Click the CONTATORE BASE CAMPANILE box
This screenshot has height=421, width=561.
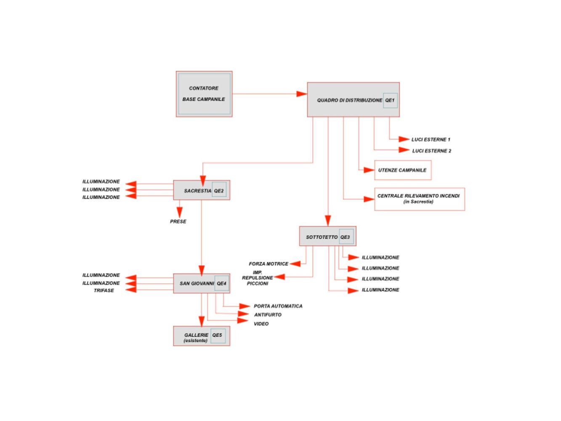[204, 94]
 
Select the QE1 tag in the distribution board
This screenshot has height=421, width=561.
[390, 100]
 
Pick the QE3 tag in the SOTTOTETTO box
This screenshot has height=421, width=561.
[346, 237]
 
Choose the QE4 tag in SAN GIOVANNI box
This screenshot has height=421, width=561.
[222, 283]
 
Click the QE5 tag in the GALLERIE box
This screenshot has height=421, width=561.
[218, 336]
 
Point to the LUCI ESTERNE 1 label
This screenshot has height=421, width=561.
[431, 139]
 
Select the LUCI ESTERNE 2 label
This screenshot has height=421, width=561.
[431, 151]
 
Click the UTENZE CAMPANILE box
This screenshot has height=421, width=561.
[403, 170]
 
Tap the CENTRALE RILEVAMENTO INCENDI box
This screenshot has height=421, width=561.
[420, 199]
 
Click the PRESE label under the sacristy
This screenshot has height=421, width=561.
[178, 221]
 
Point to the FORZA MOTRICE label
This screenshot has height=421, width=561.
[269, 264]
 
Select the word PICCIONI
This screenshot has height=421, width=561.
[258, 283]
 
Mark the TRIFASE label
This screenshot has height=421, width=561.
[104, 290]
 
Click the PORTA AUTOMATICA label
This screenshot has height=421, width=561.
[278, 306]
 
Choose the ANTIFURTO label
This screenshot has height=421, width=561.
[268, 314]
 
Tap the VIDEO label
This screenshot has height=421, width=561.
[261, 324]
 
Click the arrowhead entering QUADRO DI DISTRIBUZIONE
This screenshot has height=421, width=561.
[302, 94]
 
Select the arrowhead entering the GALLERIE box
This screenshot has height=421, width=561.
[202, 321]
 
